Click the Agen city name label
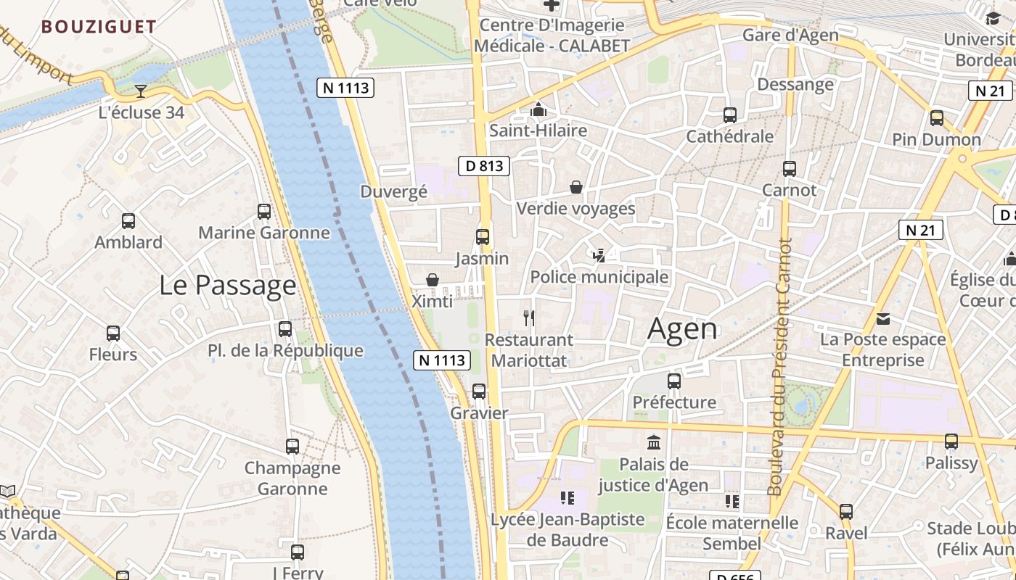(x=682, y=329)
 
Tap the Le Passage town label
(x=228, y=285)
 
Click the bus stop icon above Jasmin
(x=482, y=236)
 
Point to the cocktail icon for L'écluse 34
(x=140, y=91)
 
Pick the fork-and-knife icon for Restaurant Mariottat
(x=529, y=318)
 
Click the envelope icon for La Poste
(x=883, y=318)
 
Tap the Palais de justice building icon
(x=654, y=442)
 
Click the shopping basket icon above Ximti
(x=433, y=280)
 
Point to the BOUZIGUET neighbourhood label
(x=99, y=28)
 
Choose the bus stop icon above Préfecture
(x=674, y=381)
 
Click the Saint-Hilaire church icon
(x=538, y=109)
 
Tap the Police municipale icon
(x=599, y=255)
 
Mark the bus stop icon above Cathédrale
(x=730, y=115)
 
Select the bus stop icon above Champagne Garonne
(x=292, y=447)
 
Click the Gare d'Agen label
(x=790, y=35)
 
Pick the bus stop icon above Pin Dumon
(x=937, y=117)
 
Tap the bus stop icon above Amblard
(x=128, y=220)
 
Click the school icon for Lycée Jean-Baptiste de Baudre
(x=568, y=498)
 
